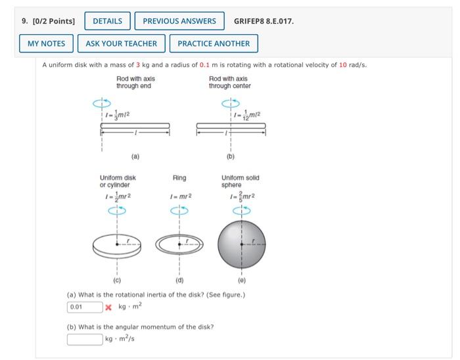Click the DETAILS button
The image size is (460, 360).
click(x=107, y=21)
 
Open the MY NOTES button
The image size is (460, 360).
click(x=46, y=43)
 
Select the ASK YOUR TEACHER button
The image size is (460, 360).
click(x=122, y=43)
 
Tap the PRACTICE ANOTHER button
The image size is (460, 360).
click(x=214, y=43)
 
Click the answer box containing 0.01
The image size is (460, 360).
click(x=84, y=306)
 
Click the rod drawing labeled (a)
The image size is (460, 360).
click(x=135, y=125)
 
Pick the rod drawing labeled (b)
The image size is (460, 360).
click(x=231, y=125)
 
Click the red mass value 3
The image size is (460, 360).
click(x=137, y=65)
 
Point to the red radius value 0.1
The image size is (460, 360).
click(x=205, y=65)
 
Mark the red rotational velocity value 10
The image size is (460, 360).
click(x=342, y=65)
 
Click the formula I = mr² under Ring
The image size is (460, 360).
click(x=179, y=196)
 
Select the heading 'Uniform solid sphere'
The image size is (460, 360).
click(x=241, y=181)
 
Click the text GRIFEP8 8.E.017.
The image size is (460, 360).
click(x=264, y=21)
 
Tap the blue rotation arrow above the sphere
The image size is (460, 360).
click(x=241, y=210)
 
